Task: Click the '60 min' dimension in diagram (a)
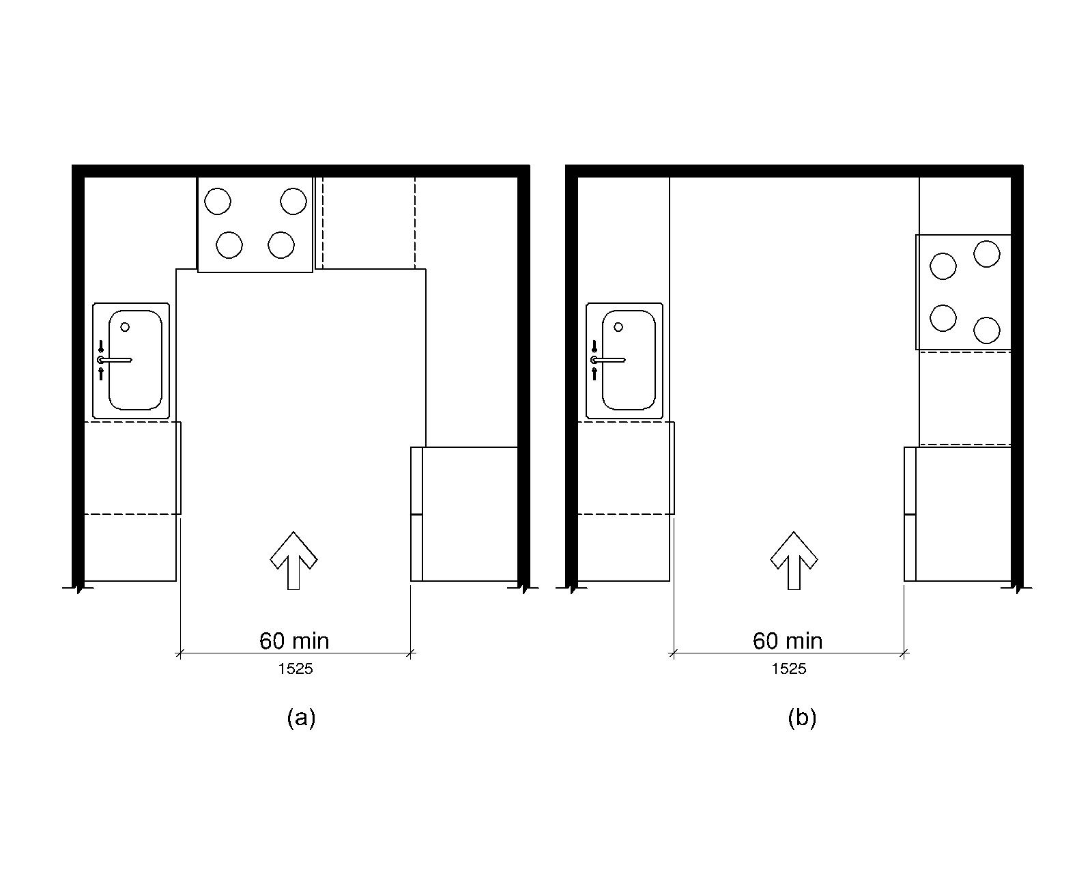coord(294,641)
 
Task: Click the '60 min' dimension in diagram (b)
coord(788,641)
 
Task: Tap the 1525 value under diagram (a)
coord(296,669)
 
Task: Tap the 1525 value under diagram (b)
coord(789,669)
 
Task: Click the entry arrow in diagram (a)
coord(293,561)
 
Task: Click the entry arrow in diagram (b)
coord(794,561)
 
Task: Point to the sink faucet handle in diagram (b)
coord(608,360)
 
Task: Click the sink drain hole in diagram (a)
coord(125,327)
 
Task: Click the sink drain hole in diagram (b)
coord(618,327)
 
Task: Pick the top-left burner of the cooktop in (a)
coord(218,201)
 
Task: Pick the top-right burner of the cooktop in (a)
coord(293,201)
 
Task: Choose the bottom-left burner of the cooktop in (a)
coord(229,244)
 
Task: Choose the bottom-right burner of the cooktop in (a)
coord(281,244)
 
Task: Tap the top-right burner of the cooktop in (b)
coord(987,254)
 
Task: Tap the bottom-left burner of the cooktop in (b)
coord(943,318)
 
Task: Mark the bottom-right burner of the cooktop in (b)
coord(987,330)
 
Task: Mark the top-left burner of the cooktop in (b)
coord(943,266)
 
